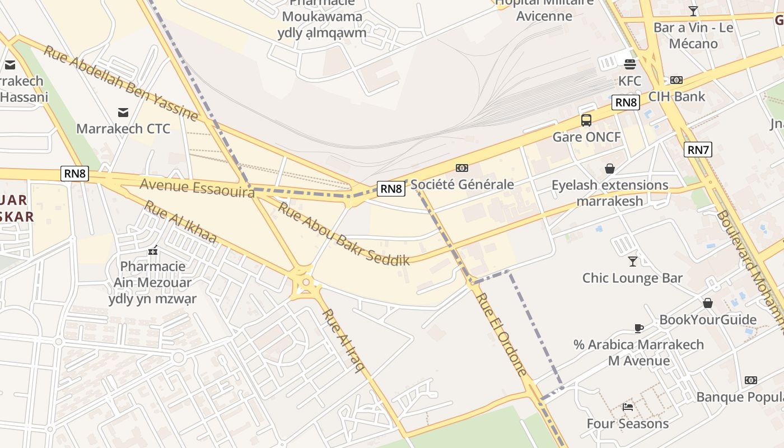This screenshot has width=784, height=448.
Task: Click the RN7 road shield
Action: click(x=698, y=150)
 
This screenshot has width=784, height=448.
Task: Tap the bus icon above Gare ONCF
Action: click(x=586, y=120)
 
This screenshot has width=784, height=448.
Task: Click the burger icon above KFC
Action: click(x=629, y=64)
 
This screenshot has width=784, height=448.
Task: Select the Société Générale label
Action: click(x=462, y=184)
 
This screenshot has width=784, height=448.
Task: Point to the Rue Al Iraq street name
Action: click(x=344, y=340)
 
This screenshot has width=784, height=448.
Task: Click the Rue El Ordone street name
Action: click(x=502, y=334)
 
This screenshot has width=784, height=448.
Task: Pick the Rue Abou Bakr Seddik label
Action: click(x=344, y=234)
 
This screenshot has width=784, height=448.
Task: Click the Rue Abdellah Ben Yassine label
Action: click(x=120, y=83)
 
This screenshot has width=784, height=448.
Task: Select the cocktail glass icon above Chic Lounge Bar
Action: click(x=632, y=261)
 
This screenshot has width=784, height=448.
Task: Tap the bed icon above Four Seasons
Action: click(x=628, y=407)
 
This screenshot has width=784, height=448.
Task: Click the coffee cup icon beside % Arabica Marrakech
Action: click(x=639, y=328)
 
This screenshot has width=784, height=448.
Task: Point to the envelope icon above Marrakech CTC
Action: click(x=123, y=112)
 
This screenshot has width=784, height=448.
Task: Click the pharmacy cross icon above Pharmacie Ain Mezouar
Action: click(x=152, y=250)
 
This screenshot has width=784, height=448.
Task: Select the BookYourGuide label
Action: click(x=708, y=320)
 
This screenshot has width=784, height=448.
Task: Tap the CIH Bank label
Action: click(x=677, y=96)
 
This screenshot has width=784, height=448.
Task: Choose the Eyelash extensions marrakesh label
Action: click(x=610, y=193)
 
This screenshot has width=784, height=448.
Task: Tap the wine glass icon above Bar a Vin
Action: click(x=693, y=11)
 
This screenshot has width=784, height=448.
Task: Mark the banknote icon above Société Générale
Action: click(x=462, y=167)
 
